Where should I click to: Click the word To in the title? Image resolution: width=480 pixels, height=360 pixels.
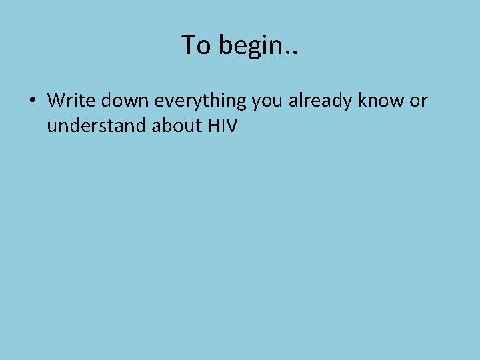(x=195, y=45)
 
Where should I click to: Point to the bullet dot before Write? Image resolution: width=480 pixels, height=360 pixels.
(x=31, y=101)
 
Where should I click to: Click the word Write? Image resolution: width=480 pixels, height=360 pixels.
(x=71, y=100)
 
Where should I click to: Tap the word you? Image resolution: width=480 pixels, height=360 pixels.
(x=267, y=101)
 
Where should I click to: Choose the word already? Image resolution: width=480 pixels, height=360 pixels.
(x=320, y=101)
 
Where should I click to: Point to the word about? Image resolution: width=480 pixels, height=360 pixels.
(x=174, y=125)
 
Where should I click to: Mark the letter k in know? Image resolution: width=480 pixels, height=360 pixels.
(x=363, y=100)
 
